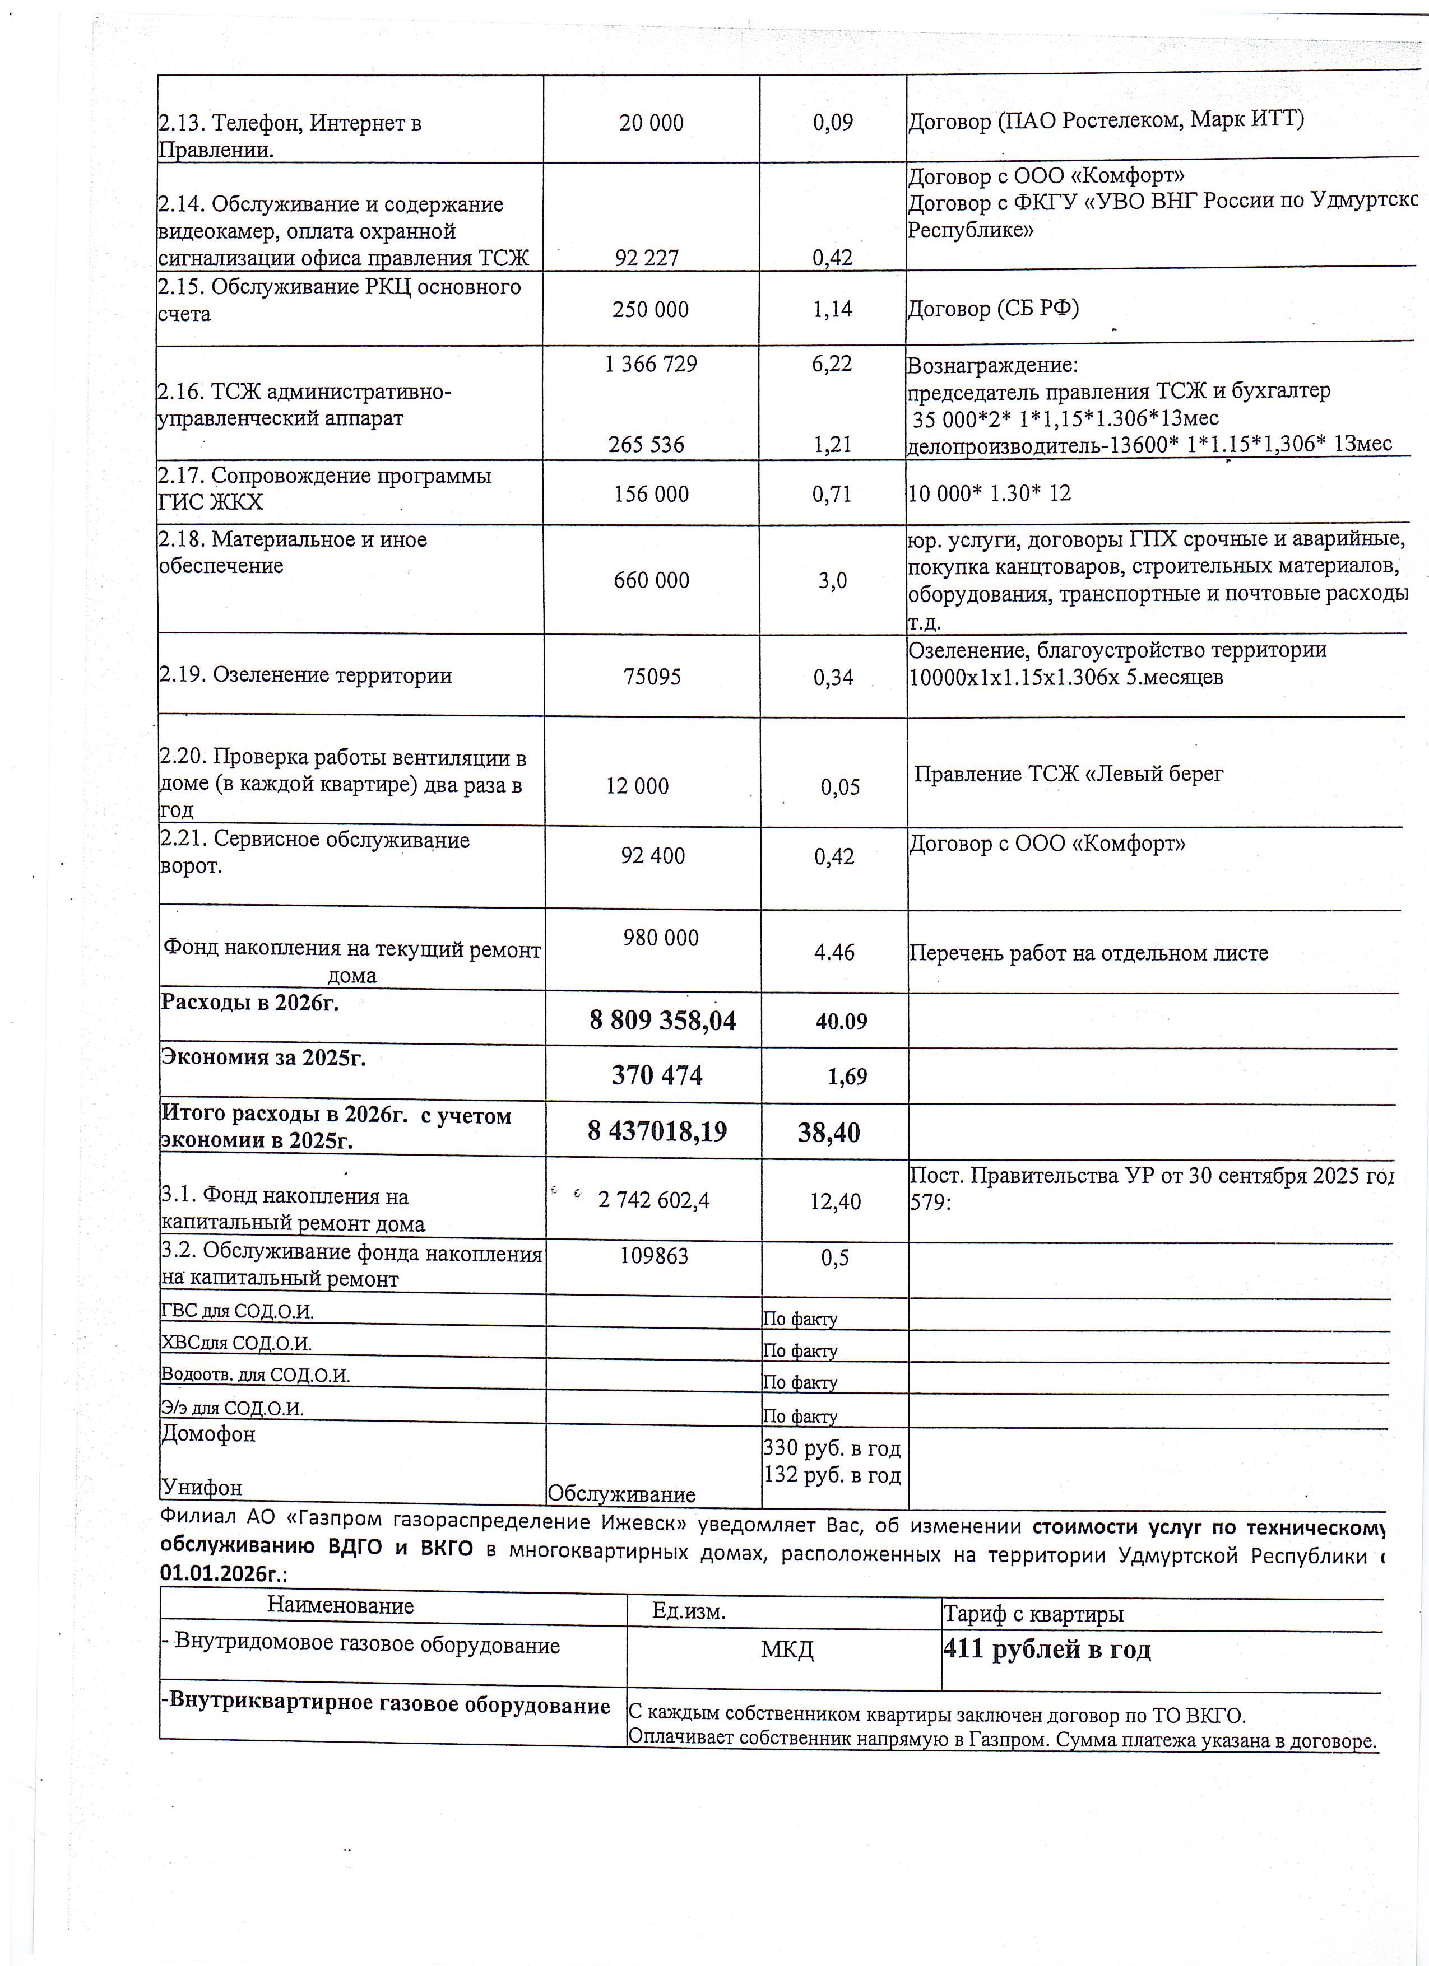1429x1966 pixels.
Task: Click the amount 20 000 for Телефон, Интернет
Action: point(651,123)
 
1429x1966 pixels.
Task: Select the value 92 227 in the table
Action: point(647,258)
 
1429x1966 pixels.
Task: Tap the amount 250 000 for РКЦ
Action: point(650,309)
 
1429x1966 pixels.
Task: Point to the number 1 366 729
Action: point(650,364)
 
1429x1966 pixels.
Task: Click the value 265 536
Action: point(646,445)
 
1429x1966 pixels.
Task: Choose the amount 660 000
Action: point(651,580)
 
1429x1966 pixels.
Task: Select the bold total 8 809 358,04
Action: point(662,1021)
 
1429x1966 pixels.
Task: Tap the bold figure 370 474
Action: point(657,1076)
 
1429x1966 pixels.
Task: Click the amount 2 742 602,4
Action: point(654,1200)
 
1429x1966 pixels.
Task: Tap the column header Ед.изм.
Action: point(689,1611)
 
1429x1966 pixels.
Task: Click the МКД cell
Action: point(787,1649)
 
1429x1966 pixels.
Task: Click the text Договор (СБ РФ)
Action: point(993,309)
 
